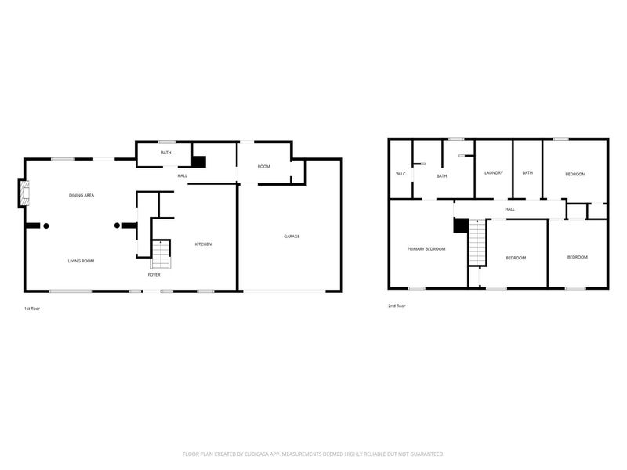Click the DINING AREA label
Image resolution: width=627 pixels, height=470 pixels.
pyautogui.click(x=82, y=195)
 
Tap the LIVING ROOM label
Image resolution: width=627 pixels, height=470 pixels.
pyautogui.click(x=81, y=261)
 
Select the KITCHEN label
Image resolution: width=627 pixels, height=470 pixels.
pyautogui.click(x=203, y=244)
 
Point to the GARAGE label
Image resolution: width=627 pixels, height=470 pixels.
pyautogui.click(x=292, y=237)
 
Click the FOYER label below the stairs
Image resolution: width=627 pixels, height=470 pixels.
pyautogui.click(x=154, y=275)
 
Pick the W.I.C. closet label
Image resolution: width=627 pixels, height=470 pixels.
pyautogui.click(x=400, y=173)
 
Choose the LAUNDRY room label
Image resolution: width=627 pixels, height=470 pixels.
pyautogui.click(x=493, y=173)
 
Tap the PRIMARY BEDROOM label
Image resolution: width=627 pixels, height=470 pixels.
pyautogui.click(x=426, y=249)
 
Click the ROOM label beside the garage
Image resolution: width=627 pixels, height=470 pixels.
pyautogui.click(x=264, y=167)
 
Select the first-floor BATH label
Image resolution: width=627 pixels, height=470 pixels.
pyautogui.click(x=166, y=153)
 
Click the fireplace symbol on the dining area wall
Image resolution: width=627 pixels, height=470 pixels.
pyautogui.click(x=25, y=193)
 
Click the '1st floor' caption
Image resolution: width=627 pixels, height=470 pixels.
pyautogui.click(x=32, y=309)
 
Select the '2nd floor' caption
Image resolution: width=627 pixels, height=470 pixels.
pyautogui.click(x=397, y=306)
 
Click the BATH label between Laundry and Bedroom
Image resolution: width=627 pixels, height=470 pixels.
pyautogui.click(x=527, y=173)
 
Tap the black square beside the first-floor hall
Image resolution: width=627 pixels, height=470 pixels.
pyautogui.click(x=199, y=161)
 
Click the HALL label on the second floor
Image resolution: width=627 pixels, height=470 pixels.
pyautogui.click(x=509, y=209)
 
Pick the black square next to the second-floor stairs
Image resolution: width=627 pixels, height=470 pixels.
pyautogui.click(x=460, y=225)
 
